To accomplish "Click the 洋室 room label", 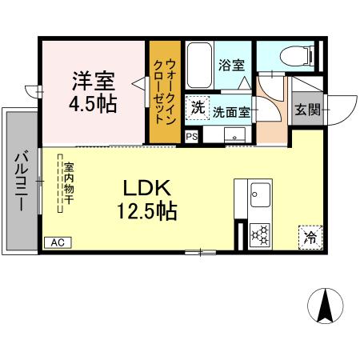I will coord(95,81).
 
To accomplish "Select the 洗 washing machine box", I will coord(197,108).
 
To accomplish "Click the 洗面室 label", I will coord(232,114).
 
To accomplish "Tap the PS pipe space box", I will coord(191,137).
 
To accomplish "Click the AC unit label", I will coord(57,242).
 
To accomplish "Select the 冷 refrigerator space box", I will coord(309,237).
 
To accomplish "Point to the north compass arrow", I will coord(326,306).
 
